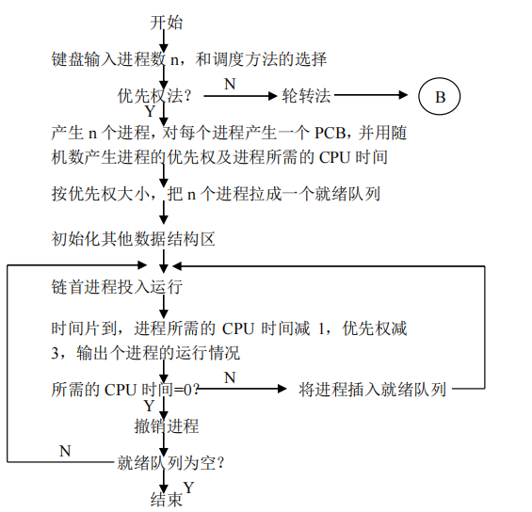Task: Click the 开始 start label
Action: pyautogui.click(x=167, y=23)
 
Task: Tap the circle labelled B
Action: pyautogui.click(x=440, y=96)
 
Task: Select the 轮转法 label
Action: pyautogui.click(x=306, y=96)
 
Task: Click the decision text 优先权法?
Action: pyautogui.click(x=154, y=96)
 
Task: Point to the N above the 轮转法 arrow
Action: pyautogui.click(x=230, y=84)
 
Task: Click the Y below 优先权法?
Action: pyautogui.click(x=150, y=112)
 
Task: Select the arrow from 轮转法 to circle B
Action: pyautogui.click(x=371, y=95)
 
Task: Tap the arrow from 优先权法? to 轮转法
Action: pyautogui.click(x=240, y=96)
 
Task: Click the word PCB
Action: pyautogui.click(x=330, y=133)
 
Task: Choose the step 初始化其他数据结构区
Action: pyautogui.click(x=134, y=239)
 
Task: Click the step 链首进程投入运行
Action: pyautogui.click(x=117, y=287)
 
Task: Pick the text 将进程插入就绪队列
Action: pyautogui.click(x=372, y=390)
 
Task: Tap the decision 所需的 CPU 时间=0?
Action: pyautogui.click(x=125, y=390)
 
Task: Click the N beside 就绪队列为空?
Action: pyautogui.click(x=65, y=451)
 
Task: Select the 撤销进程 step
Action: pyautogui.click(x=167, y=425)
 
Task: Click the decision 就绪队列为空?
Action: pyautogui.click(x=171, y=463)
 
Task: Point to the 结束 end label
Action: pyautogui.click(x=167, y=500)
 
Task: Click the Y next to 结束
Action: pyautogui.click(x=188, y=488)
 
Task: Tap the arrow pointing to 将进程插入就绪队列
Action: pyautogui.click(x=242, y=389)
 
